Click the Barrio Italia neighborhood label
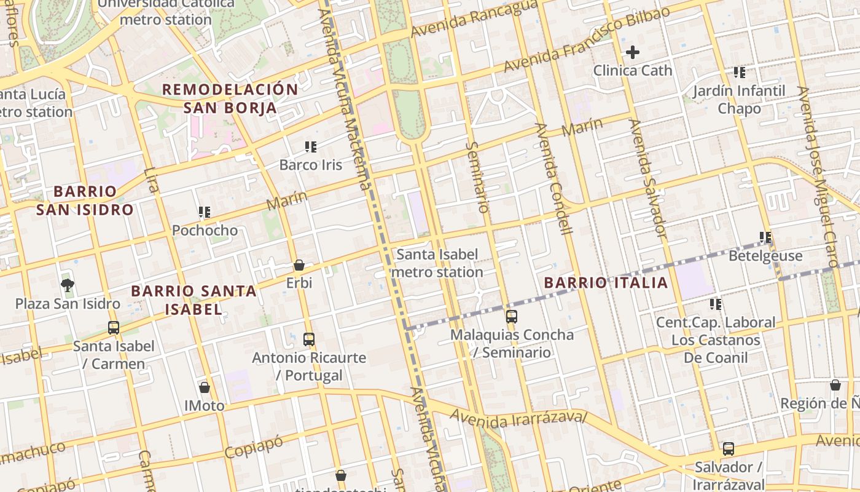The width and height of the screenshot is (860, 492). (x=606, y=283)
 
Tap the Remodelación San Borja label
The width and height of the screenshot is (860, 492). (x=230, y=98)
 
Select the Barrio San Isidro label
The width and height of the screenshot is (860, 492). (x=85, y=200)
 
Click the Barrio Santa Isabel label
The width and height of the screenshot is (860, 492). (x=193, y=300)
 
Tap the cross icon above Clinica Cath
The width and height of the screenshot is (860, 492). (x=632, y=53)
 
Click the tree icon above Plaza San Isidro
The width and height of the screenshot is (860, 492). (x=68, y=285)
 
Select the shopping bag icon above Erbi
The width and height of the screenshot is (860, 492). (x=299, y=265)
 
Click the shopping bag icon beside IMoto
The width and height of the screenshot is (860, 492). (x=205, y=387)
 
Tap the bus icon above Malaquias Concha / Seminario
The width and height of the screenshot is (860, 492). (x=512, y=317)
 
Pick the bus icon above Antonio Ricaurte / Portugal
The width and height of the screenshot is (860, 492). (x=309, y=339)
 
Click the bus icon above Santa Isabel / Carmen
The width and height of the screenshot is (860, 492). (x=114, y=328)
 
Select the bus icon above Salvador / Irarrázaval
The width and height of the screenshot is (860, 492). (x=729, y=449)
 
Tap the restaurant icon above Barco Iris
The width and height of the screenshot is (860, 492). (x=311, y=147)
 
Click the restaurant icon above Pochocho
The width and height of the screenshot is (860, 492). (x=205, y=212)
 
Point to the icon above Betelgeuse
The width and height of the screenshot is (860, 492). (x=765, y=237)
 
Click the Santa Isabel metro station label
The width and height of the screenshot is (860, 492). (x=437, y=263)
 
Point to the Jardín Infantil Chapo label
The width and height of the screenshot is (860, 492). (x=739, y=100)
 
